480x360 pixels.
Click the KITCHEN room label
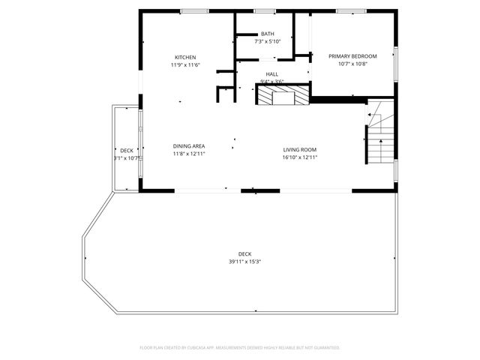coord(185,58)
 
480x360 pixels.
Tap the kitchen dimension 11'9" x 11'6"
coord(185,65)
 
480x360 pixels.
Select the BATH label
coord(268,34)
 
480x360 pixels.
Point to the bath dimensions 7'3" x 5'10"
coord(268,41)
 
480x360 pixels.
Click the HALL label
coord(271,74)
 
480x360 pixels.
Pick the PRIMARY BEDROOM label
coord(352,56)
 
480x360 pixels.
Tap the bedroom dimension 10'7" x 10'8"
coord(352,64)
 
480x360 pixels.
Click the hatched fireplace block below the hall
coord(282,94)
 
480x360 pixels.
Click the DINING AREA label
coord(189,146)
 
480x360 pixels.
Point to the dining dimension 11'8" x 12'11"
coord(189,154)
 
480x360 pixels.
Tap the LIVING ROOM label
coord(300,149)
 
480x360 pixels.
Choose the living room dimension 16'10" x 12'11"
coord(300,157)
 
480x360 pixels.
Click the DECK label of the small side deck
coord(126,151)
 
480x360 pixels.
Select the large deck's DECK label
coord(244,253)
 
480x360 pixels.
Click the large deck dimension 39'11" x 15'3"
coord(244,261)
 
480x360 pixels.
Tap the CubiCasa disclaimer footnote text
coord(240,347)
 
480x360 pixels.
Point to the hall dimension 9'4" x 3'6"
coord(271,81)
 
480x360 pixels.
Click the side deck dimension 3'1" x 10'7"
coord(127,158)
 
